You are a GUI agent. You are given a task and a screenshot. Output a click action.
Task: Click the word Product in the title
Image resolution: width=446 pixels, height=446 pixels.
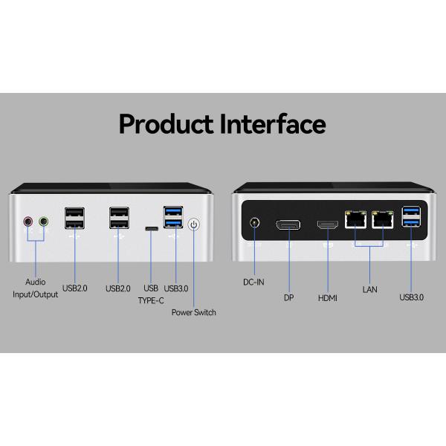tap(166, 123)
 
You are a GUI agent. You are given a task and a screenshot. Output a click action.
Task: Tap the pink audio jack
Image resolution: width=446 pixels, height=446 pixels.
tap(28, 221)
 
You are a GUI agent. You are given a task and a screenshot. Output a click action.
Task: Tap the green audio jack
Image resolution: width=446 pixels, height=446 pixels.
tap(43, 221)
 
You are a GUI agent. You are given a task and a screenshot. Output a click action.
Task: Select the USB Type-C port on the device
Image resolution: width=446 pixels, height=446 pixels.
tap(151, 230)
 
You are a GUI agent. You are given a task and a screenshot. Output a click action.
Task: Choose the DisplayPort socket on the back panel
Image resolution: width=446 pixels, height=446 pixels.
tap(288, 224)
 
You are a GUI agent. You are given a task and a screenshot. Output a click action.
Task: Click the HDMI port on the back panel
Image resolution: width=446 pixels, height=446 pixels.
tap(326, 226)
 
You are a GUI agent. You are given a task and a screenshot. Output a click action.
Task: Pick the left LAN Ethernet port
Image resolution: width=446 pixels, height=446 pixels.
tap(355, 220)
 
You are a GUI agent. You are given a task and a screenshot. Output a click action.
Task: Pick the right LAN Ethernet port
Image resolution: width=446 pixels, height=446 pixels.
tap(383, 220)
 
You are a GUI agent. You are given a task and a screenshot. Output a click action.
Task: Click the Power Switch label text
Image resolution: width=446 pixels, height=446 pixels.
tap(194, 312)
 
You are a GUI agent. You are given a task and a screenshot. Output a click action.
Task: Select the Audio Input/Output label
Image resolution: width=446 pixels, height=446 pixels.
tap(36, 288)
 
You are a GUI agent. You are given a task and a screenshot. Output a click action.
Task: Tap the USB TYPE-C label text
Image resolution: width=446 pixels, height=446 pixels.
tap(151, 294)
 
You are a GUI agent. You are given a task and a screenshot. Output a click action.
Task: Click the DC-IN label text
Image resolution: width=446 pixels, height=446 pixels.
tap(254, 282)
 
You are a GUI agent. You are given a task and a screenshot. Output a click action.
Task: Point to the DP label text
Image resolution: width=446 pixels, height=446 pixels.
tap(288, 297)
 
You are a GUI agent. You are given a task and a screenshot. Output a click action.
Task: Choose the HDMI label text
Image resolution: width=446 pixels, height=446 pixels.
tap(328, 297)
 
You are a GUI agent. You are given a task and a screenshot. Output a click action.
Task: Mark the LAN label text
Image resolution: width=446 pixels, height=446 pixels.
tap(369, 288)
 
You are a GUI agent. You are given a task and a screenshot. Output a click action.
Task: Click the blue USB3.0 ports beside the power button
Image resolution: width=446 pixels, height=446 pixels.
tap(173, 219)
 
